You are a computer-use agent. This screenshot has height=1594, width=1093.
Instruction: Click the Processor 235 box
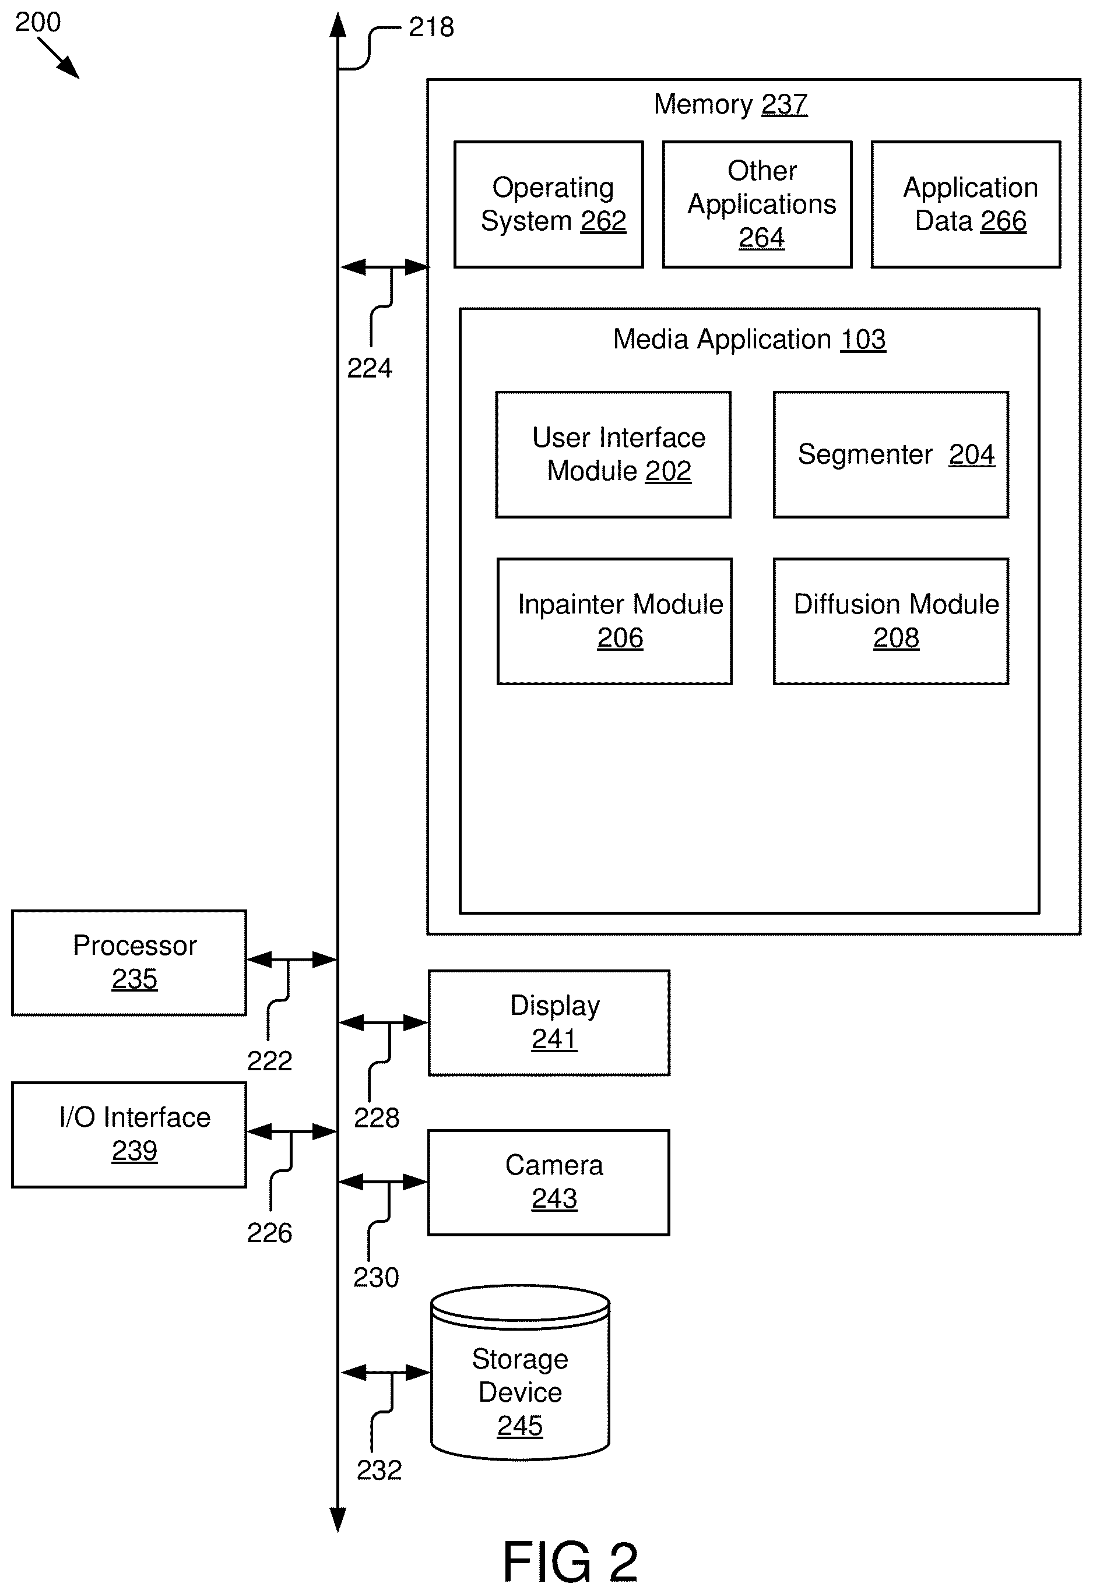[x=129, y=963]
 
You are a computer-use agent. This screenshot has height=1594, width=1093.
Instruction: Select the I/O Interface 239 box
[x=129, y=1135]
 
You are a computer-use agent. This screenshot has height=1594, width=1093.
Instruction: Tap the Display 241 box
[x=549, y=1022]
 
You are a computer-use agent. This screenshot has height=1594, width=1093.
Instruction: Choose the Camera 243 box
[x=549, y=1183]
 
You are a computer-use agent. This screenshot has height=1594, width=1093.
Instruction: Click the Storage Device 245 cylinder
[x=520, y=1373]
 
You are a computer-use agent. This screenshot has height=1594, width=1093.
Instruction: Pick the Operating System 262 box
[x=549, y=204]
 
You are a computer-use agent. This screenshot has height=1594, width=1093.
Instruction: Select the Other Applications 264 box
[x=757, y=204]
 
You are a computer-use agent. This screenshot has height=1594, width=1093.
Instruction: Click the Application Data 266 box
[x=966, y=204]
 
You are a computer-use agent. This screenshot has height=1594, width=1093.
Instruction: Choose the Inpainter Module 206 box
[x=615, y=622]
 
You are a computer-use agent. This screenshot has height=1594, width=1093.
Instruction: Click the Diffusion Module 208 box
[x=891, y=622]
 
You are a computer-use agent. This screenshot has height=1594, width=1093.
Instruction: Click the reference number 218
[x=431, y=27]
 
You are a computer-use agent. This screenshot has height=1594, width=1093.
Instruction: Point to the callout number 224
[x=370, y=368]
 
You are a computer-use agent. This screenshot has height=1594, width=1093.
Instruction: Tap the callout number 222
[x=270, y=1061]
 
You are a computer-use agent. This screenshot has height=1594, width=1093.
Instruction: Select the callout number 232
[x=379, y=1470]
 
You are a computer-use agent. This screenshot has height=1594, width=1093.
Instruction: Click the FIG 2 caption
[x=571, y=1562]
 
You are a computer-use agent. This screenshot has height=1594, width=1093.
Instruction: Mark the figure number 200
[x=38, y=22]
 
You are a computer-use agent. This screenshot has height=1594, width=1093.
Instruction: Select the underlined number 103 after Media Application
[x=863, y=340]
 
